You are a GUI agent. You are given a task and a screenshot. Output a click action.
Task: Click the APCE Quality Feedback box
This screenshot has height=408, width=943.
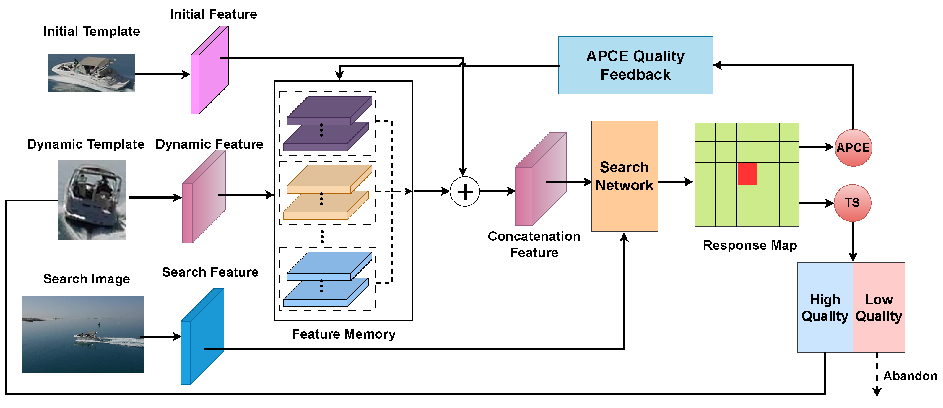click(x=635, y=65)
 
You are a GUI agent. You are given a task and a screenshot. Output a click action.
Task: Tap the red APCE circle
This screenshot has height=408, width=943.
click(x=853, y=148)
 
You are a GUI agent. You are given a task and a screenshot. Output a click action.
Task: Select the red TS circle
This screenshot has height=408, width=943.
click(x=852, y=203)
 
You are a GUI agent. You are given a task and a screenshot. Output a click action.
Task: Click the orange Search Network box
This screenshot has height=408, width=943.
click(x=624, y=176)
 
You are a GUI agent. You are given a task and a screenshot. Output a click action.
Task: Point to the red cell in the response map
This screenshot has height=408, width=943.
click(x=747, y=174)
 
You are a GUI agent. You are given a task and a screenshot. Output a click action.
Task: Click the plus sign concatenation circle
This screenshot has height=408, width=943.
click(x=464, y=191)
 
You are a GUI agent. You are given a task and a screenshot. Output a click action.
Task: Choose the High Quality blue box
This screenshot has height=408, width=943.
click(x=825, y=308)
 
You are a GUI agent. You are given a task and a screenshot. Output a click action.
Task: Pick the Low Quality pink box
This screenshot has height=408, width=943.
click(x=879, y=308)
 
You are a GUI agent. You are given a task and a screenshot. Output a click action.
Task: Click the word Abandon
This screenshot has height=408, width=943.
click(x=910, y=376)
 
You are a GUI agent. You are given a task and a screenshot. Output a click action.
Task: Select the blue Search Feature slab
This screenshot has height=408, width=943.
click(x=202, y=336)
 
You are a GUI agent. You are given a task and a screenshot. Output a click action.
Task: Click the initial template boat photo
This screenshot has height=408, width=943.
click(x=92, y=73)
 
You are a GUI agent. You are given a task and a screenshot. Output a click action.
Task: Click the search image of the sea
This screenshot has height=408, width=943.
click(x=83, y=334)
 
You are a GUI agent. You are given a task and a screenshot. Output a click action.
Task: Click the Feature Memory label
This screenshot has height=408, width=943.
click(x=343, y=334)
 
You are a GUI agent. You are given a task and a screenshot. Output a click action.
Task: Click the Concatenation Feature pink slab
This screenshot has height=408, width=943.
click(x=540, y=179)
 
